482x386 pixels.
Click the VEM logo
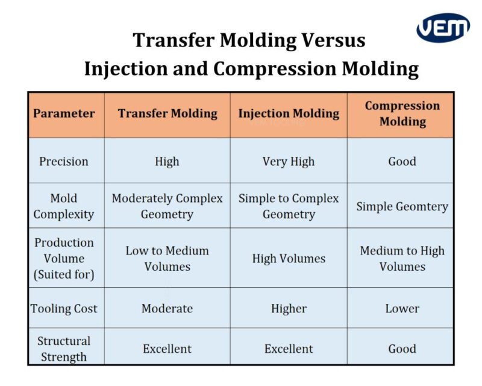443,28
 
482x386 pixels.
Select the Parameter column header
64,113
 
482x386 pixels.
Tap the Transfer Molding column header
167,113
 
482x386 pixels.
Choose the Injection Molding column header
289,113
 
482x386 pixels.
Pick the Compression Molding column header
402,113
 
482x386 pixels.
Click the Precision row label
64,161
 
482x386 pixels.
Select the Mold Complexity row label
64,206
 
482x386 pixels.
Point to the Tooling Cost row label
64,308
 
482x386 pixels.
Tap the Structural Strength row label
64,349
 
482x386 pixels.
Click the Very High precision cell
289,161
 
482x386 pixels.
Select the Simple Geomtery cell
402,206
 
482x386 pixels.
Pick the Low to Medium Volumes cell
167,258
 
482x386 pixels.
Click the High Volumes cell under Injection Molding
289,258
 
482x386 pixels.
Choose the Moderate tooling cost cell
167,308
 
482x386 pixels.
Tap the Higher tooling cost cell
289,308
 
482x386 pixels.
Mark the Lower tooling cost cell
402,308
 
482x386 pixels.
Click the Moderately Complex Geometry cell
167,206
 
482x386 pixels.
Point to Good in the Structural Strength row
402,349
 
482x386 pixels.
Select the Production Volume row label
64,258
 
